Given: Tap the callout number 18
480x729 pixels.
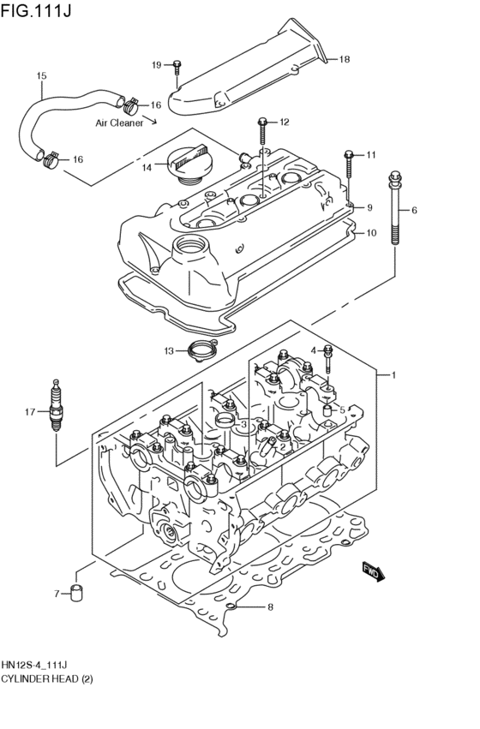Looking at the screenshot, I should (345, 59).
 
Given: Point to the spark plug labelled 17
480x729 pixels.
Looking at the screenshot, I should (57, 410).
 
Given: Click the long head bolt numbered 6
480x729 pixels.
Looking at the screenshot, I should (394, 211).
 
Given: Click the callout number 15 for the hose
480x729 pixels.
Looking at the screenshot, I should (40, 76).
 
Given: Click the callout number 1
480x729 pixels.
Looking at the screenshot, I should (393, 375).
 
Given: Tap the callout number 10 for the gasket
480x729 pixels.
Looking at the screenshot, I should (370, 233).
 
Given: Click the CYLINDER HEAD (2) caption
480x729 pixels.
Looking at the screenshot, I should (46, 679).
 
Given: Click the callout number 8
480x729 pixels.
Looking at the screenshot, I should (270, 608).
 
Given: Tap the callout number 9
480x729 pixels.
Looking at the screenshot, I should (369, 208).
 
